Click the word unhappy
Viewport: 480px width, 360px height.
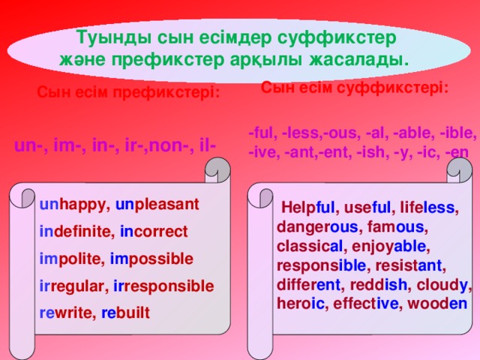tap(73, 205)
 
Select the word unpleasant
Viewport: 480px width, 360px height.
tap(157, 205)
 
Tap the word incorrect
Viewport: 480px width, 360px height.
tap(154, 232)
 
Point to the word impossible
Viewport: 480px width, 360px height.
tap(151, 259)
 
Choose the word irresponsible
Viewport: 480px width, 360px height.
tap(163, 286)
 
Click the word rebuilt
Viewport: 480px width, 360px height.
tap(125, 313)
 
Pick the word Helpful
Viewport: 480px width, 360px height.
tap(308, 207)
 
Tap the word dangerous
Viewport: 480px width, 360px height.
tap(317, 227)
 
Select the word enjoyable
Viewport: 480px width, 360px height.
tap(388, 247)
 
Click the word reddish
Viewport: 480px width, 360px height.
tap(378, 285)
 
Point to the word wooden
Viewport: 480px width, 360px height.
tap(437, 304)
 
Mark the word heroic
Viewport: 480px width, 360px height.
tap(301, 304)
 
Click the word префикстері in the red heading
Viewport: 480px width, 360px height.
tap(166, 92)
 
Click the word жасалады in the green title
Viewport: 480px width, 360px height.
tap(358, 60)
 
